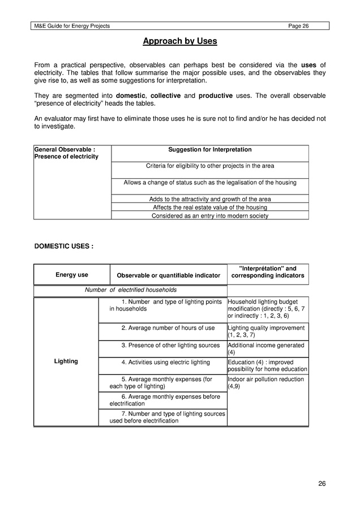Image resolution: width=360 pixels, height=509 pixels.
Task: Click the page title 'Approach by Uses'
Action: click(x=179, y=41)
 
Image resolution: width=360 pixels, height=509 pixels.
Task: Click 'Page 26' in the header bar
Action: click(x=298, y=26)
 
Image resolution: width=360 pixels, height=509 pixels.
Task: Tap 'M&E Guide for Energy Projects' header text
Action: click(x=72, y=26)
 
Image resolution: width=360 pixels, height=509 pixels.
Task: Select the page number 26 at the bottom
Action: click(x=322, y=483)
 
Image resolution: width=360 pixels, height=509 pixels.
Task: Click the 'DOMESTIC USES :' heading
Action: click(x=64, y=247)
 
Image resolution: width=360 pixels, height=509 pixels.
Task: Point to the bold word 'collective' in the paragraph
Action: click(x=165, y=96)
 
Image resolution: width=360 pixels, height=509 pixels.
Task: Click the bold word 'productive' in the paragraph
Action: click(x=215, y=96)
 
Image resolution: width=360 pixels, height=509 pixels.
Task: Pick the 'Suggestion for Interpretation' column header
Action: click(x=210, y=150)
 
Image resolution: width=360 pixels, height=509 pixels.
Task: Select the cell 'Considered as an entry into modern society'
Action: click(x=210, y=215)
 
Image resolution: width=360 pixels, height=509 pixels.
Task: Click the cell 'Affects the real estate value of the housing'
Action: click(x=210, y=208)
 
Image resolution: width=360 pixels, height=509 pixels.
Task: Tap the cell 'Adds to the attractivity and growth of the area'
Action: click(x=210, y=199)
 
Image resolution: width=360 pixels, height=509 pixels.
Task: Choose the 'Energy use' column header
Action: click(x=71, y=275)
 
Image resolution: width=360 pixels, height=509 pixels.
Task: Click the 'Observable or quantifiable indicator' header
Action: click(x=168, y=275)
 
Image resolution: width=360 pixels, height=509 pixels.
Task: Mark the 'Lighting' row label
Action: click(x=66, y=361)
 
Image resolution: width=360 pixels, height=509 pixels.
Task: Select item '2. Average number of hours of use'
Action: click(x=168, y=328)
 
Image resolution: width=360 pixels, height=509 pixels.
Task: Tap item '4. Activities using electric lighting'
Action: click(x=165, y=363)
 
